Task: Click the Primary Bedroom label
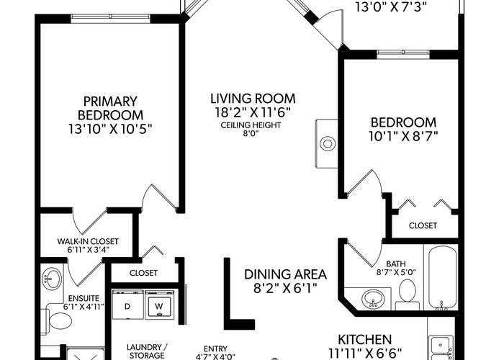110,108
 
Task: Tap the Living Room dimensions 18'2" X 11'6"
253,112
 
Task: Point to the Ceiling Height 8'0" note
251,129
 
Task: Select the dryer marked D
127,305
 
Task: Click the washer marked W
159,305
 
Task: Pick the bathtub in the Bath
443,277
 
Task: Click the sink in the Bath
373,299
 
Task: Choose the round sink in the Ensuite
52,279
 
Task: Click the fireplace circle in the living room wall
328,143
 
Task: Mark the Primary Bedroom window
110,19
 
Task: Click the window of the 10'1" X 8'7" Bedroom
403,54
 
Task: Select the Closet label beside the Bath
423,225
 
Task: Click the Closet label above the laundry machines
143,273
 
